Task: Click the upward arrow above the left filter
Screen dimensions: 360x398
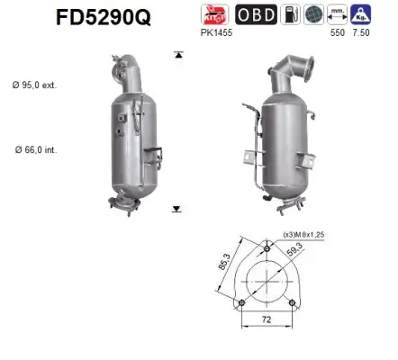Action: click(x=176, y=55)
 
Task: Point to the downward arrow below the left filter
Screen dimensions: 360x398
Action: click(x=176, y=208)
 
